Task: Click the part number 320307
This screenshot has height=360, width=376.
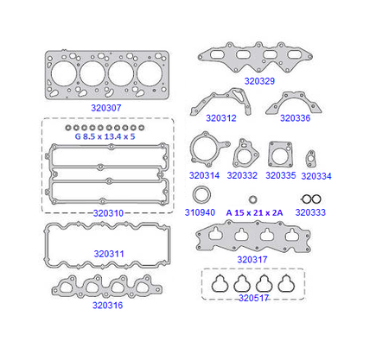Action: click(106, 108)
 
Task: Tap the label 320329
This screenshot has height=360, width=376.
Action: click(259, 81)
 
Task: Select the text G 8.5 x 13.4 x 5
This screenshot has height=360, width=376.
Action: click(105, 136)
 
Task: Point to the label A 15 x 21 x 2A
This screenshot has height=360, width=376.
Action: click(254, 213)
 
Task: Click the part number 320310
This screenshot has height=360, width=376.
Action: click(108, 213)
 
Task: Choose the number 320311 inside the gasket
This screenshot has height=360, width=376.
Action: click(109, 254)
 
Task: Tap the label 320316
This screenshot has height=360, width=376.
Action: click(107, 306)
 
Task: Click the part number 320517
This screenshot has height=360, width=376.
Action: click(254, 298)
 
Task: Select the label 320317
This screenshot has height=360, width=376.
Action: click(252, 260)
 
